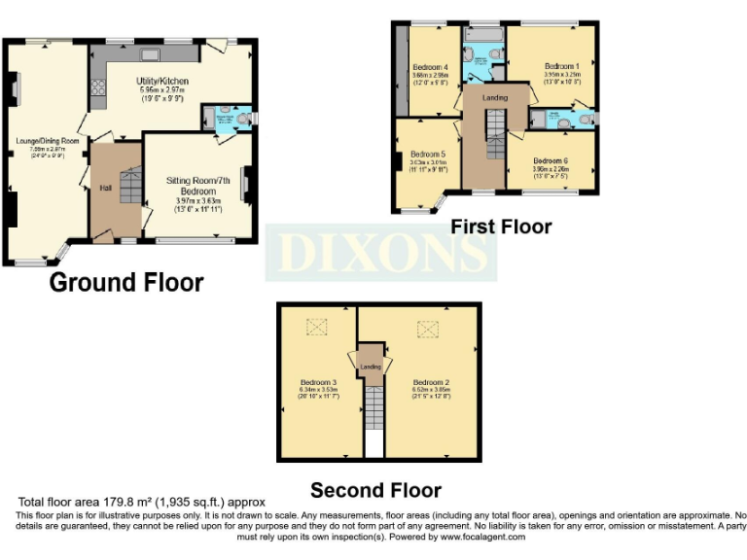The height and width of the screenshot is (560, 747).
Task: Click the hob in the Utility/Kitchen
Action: [x=98, y=91]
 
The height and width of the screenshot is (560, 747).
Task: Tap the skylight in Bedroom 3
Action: [x=316, y=329]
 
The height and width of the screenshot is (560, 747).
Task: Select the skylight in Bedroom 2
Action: [x=429, y=330]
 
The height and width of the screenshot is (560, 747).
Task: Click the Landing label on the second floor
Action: [x=371, y=367]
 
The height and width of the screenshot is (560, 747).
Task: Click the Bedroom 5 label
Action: [x=427, y=155]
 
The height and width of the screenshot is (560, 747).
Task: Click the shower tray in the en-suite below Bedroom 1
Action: [x=539, y=119]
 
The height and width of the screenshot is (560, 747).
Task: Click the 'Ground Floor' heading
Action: [x=126, y=283]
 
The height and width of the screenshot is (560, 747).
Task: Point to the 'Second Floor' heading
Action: [x=375, y=490]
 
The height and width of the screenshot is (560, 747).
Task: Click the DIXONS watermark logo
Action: [x=381, y=253]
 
